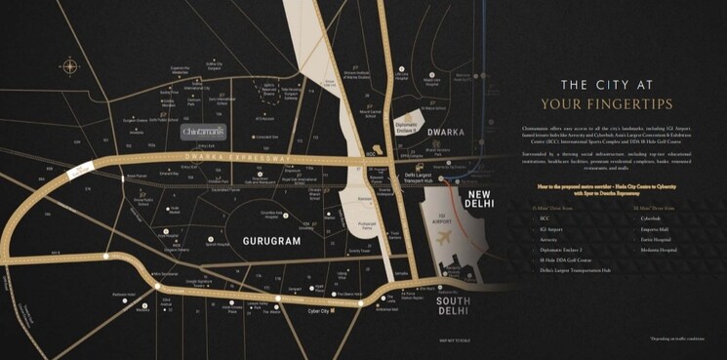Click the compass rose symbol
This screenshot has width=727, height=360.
coord(69,66)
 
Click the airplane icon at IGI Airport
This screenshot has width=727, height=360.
coord(444,239)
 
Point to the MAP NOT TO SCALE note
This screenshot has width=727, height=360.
coord(456,340)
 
